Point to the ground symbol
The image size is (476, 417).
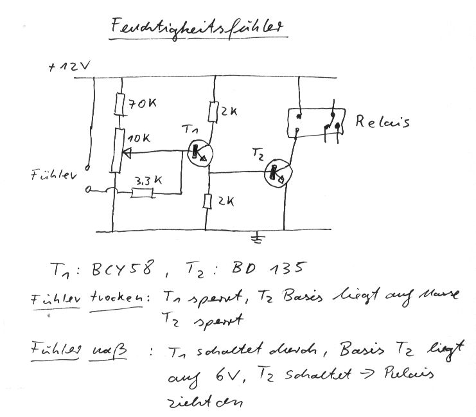[x=258, y=239]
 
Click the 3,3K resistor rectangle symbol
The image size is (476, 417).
[x=143, y=192]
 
